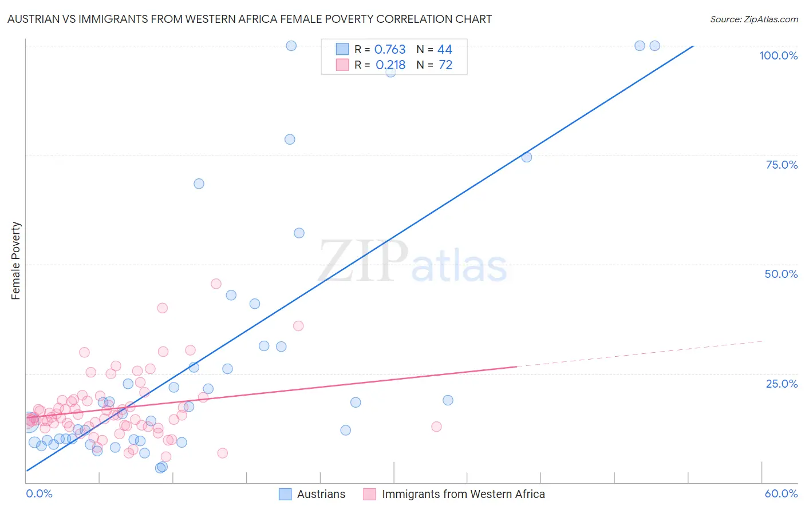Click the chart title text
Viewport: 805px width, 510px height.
click(250, 19)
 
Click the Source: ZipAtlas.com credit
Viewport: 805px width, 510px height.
click(753, 19)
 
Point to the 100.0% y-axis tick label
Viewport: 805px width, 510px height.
click(778, 55)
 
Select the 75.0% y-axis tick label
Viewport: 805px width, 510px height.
click(782, 165)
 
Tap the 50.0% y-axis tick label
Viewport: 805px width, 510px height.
click(781, 274)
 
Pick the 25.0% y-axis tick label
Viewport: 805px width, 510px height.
click(782, 383)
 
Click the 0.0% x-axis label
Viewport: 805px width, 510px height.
click(39, 493)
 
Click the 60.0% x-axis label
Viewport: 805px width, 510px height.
click(781, 493)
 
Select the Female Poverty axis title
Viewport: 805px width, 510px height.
click(16, 261)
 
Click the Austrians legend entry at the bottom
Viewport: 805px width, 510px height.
click(321, 494)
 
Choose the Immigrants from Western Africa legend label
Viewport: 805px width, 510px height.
click(463, 494)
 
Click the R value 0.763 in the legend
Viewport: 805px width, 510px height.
click(390, 50)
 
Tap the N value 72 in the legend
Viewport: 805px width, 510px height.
click(445, 65)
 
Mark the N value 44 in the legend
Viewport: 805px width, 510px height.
click(445, 50)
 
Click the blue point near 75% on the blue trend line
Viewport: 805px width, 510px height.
click(527, 157)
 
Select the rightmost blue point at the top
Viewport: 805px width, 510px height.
click(655, 46)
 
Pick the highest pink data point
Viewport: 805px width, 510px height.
click(216, 284)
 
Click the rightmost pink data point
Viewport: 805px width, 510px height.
click(436, 427)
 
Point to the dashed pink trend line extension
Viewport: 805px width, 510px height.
click(641, 354)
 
